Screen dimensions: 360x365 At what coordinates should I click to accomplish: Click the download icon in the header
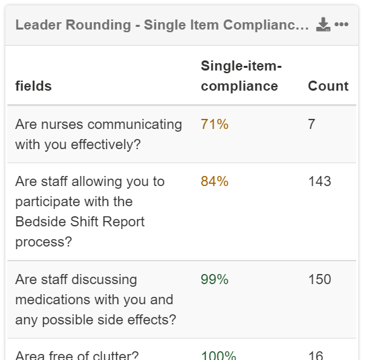[323, 26]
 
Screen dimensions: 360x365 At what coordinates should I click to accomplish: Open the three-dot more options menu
[341, 25]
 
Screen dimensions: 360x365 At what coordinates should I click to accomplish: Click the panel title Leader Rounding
[162, 26]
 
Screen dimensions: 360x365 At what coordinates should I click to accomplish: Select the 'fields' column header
[33, 87]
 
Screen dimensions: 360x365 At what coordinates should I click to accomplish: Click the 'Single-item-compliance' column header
[240, 76]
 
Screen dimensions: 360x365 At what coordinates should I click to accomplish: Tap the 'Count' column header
[328, 86]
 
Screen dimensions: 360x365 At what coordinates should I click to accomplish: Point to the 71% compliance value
[214, 124]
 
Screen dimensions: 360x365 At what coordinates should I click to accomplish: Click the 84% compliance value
[214, 181]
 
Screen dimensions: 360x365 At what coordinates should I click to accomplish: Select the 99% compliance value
[214, 279]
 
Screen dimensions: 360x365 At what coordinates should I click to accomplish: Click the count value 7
[312, 124]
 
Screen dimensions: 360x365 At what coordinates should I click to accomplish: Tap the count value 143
[319, 181]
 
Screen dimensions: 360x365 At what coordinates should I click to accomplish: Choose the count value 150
[319, 279]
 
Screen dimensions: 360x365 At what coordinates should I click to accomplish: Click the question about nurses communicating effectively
[98, 134]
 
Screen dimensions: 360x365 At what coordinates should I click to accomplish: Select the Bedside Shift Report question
[89, 212]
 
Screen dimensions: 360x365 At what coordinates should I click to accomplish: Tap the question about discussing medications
[95, 300]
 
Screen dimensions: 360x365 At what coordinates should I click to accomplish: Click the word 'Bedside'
[40, 222]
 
